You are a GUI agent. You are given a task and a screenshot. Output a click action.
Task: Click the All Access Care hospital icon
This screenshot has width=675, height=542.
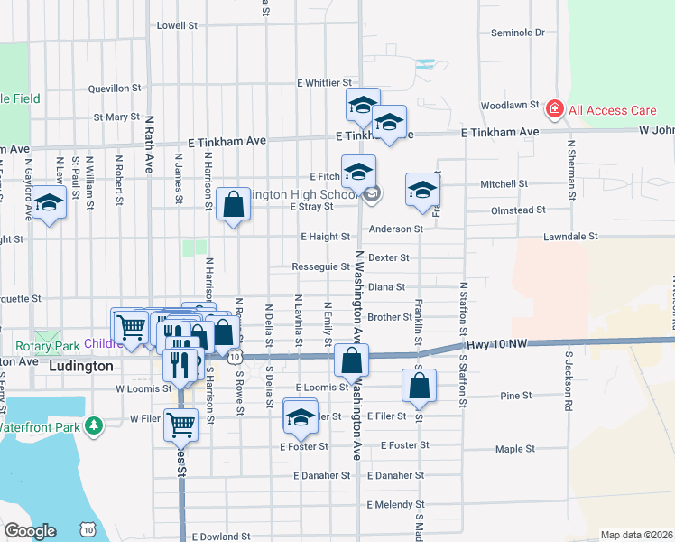[x=554, y=110]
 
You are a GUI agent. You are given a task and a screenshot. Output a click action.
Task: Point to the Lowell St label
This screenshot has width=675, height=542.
[x=177, y=26]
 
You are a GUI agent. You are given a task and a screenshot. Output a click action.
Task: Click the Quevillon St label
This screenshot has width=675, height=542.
[x=115, y=89]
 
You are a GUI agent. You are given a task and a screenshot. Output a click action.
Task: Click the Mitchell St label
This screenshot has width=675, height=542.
[x=504, y=184]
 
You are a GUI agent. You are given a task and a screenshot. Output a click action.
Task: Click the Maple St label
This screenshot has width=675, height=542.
[x=515, y=448]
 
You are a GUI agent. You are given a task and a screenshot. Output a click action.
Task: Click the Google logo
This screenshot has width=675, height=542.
[x=31, y=530]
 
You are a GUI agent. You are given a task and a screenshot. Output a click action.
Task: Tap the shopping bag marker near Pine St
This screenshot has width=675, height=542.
[x=420, y=387]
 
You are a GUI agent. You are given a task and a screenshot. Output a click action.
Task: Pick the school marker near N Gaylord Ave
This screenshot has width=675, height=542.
[x=51, y=206]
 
